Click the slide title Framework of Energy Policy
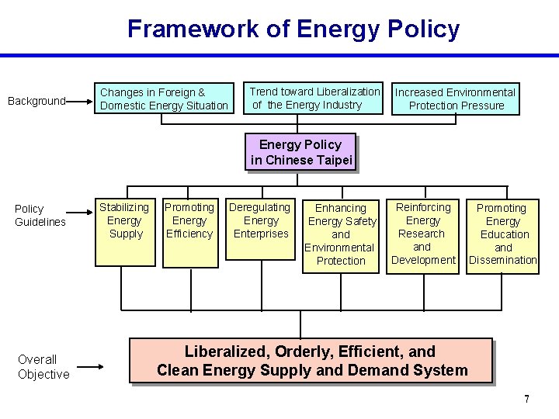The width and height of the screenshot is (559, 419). (x=293, y=29)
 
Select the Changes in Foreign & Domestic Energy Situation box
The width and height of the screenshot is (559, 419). (x=164, y=99)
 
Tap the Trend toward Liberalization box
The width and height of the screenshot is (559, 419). (x=314, y=98)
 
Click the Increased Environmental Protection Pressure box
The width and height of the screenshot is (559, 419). (x=456, y=99)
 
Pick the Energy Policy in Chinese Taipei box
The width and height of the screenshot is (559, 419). (x=300, y=152)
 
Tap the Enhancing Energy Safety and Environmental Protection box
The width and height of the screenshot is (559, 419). (x=341, y=234)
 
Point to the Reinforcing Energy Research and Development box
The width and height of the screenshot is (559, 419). (x=423, y=234)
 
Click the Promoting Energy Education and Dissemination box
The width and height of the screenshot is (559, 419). (x=502, y=234)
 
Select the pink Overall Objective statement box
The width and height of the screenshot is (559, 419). (x=311, y=361)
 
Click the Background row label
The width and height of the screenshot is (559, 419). (x=36, y=101)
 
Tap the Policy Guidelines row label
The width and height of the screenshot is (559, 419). (x=40, y=215)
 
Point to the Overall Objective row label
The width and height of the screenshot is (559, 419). (x=43, y=366)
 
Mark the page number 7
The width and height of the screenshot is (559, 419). (x=526, y=399)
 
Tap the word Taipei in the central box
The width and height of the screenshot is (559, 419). (x=335, y=161)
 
